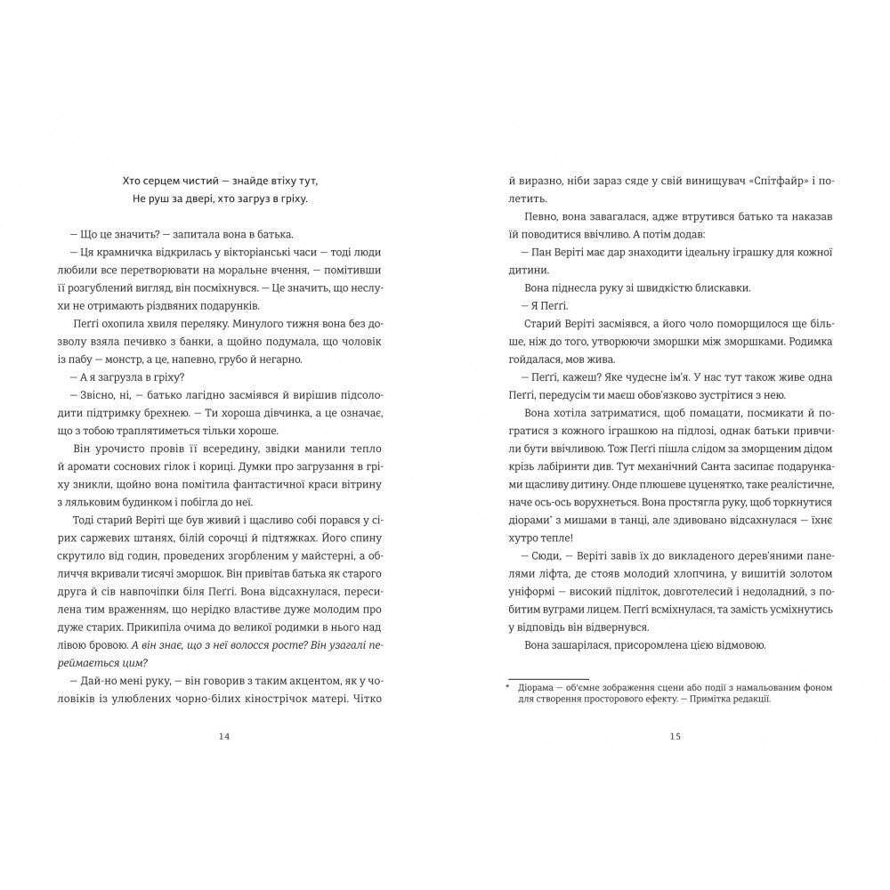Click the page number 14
223,736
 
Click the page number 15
675,736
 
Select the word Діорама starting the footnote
537,687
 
